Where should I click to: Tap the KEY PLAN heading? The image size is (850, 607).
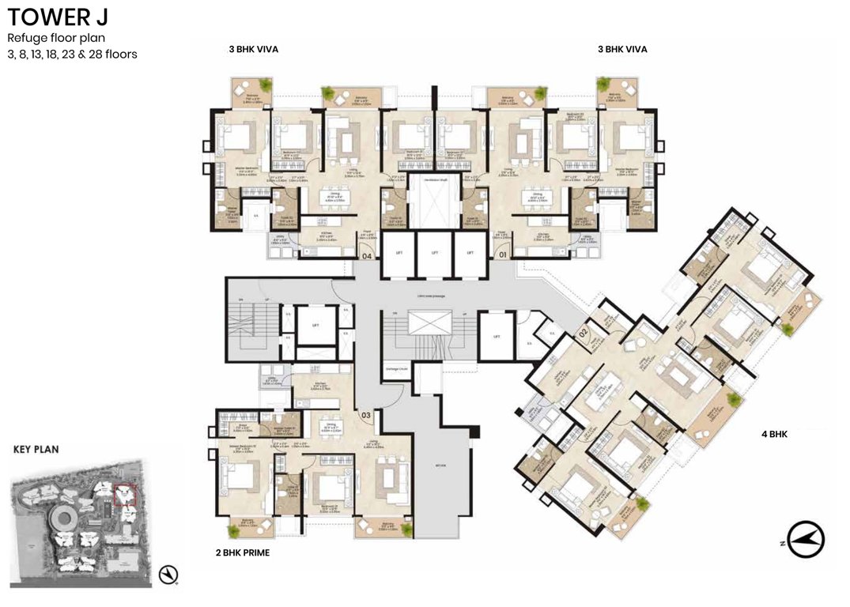(36, 449)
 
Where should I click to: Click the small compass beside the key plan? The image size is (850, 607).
(168, 575)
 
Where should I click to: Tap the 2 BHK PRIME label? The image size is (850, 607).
(241, 553)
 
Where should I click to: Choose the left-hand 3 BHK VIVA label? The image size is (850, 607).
(253, 49)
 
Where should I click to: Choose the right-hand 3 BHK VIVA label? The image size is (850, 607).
(622, 49)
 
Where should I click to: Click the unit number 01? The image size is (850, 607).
(501, 255)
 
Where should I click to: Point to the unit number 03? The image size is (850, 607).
(365, 414)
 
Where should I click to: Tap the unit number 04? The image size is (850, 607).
(367, 255)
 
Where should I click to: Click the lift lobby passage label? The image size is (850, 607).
(435, 296)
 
